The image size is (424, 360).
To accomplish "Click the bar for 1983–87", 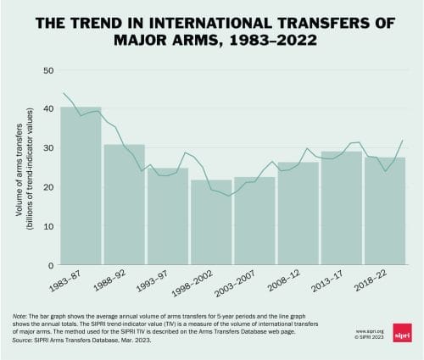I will tap(81, 186).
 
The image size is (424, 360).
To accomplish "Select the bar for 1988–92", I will tap(124, 205).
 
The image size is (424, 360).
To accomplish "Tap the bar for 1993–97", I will tap(168, 216).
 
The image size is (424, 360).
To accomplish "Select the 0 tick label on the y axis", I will tap(50, 265).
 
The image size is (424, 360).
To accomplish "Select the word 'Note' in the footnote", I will tap(19, 314).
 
